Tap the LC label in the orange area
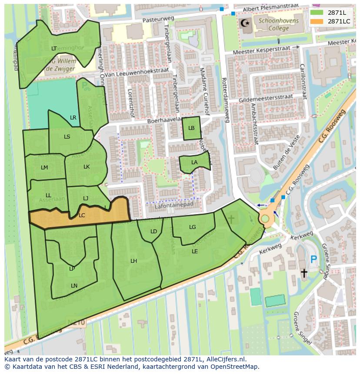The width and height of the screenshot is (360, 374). (82, 215)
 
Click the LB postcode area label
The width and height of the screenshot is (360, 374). (191, 128)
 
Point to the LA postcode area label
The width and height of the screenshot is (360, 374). (194, 162)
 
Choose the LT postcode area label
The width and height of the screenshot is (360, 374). (54, 49)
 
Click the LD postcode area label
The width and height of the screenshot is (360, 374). (153, 232)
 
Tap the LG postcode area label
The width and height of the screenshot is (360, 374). (193, 227)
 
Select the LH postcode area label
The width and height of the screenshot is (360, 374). (133, 261)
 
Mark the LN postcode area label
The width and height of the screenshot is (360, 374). (74, 286)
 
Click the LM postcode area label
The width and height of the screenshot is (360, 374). (44, 168)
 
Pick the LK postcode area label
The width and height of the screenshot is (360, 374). (87, 167)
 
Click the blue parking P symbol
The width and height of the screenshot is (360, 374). (313, 260)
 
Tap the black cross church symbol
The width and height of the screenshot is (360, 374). (304, 273)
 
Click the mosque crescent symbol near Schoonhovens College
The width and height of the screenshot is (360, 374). (246, 22)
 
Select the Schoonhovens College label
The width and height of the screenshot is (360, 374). (273, 24)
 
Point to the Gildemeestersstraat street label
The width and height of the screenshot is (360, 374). (266, 98)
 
